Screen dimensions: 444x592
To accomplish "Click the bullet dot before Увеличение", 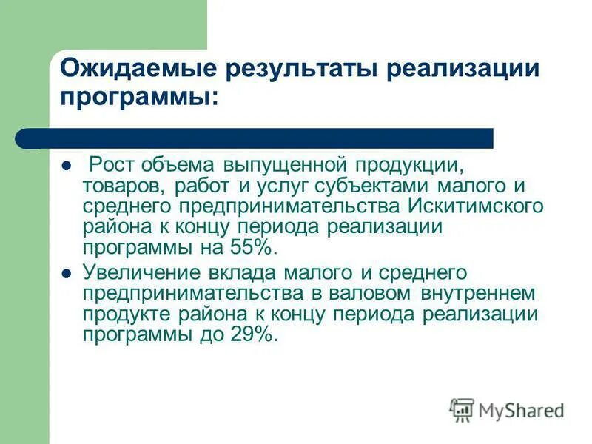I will coord(65,273).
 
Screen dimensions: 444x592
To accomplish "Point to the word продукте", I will coord(127,314).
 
